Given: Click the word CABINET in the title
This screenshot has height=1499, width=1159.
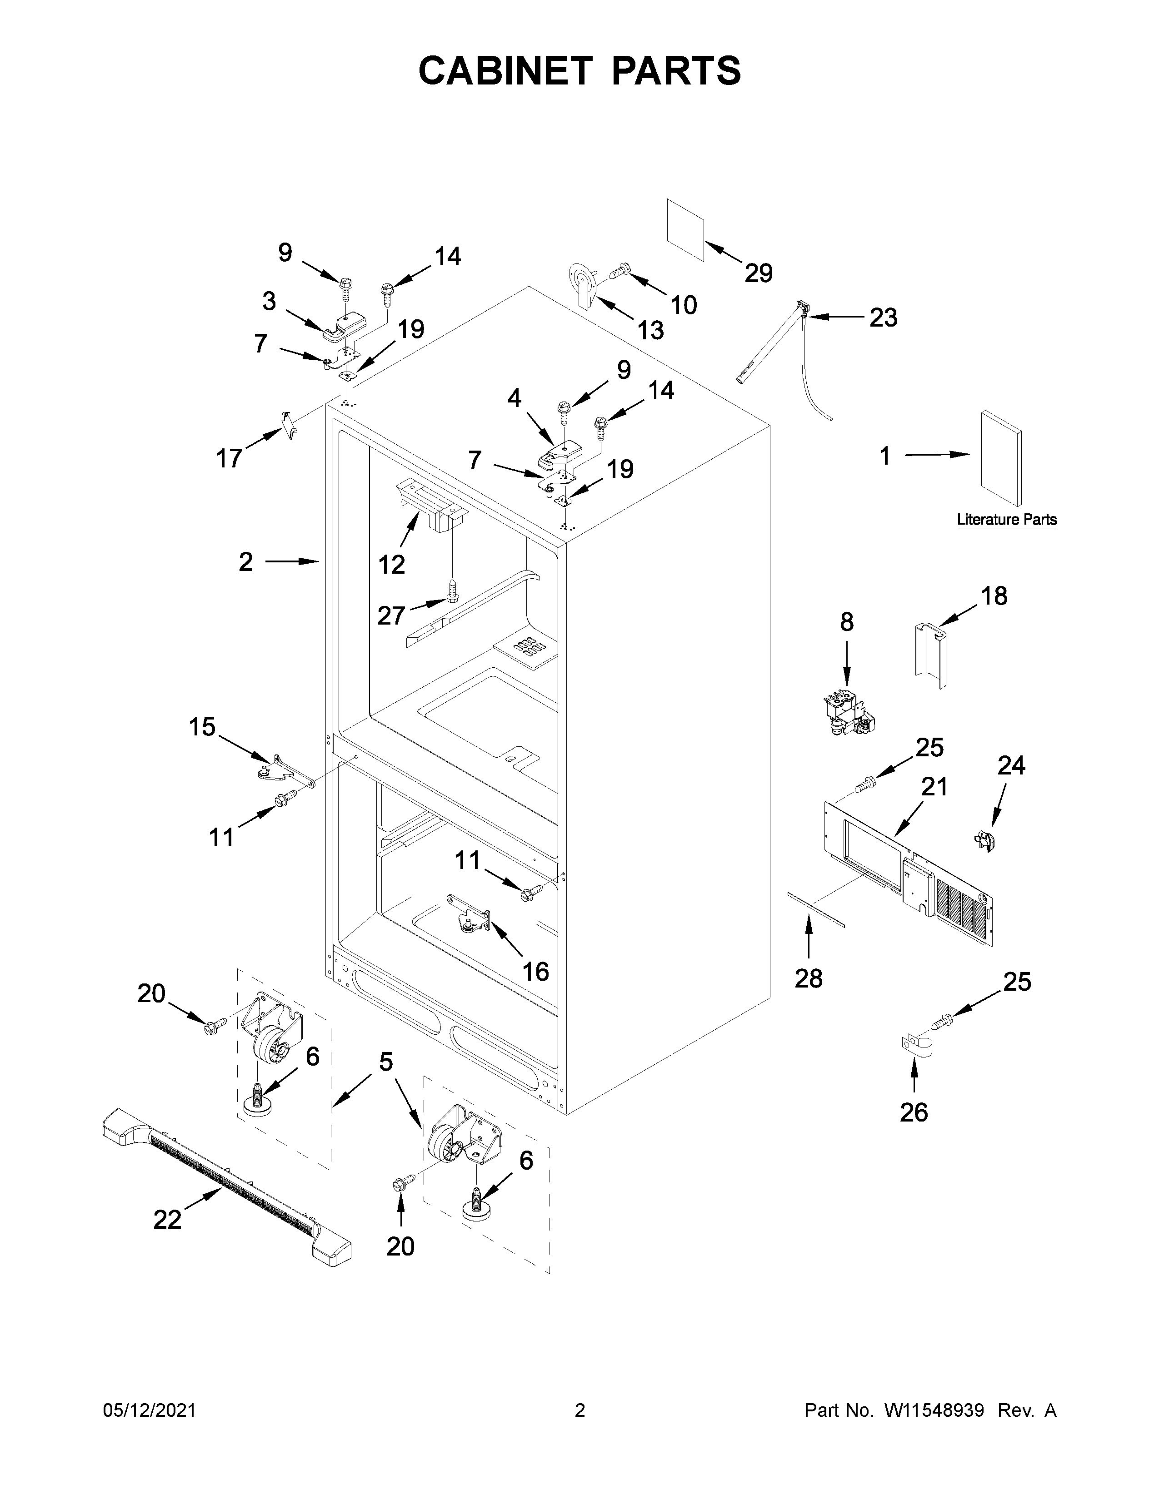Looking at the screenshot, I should (x=505, y=71).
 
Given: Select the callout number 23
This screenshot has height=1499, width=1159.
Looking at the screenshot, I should (x=883, y=318).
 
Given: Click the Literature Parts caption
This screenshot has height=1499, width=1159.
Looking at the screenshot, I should (x=1007, y=520).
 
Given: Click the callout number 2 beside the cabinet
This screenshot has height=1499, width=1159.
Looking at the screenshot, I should (x=246, y=562).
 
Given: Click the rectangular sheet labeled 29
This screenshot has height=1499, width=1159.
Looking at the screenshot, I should (x=685, y=231).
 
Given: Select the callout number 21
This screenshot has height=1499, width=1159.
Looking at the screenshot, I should (x=934, y=787).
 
